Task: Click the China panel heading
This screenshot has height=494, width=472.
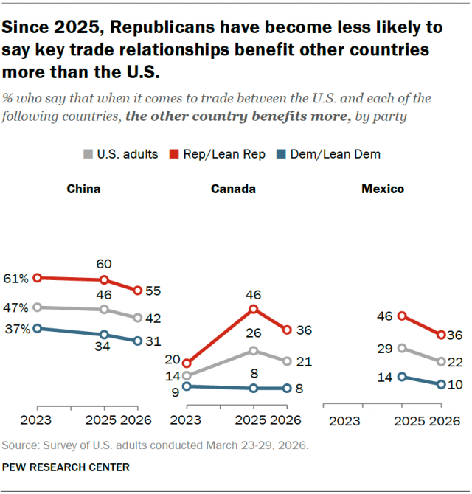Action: (x=83, y=189)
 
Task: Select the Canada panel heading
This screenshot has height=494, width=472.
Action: (x=233, y=189)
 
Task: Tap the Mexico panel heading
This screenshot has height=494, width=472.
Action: (x=382, y=189)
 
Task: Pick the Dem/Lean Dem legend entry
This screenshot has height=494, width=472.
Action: (x=340, y=154)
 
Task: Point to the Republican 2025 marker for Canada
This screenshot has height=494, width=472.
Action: (x=253, y=309)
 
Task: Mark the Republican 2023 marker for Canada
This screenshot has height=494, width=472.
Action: (x=187, y=363)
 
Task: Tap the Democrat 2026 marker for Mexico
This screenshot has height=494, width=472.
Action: (x=441, y=384)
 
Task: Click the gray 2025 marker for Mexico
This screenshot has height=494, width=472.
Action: (x=402, y=348)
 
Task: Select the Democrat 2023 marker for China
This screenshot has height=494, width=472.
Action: (x=38, y=328)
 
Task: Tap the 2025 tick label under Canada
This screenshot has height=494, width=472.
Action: (x=252, y=421)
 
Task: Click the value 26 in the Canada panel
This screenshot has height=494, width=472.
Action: (x=253, y=333)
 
